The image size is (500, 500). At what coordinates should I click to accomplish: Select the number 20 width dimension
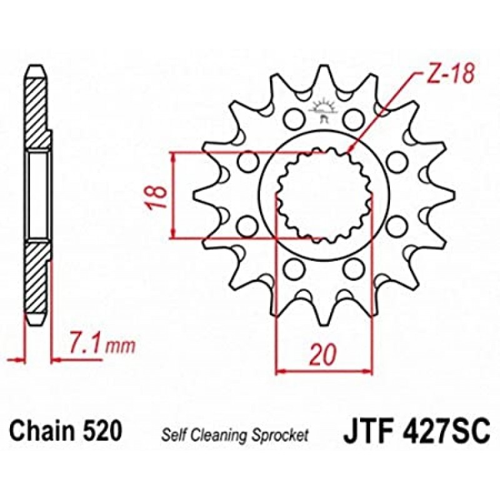click(x=323, y=354)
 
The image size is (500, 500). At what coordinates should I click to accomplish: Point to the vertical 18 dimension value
click(x=157, y=196)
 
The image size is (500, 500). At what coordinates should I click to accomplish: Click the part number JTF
click(x=366, y=432)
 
